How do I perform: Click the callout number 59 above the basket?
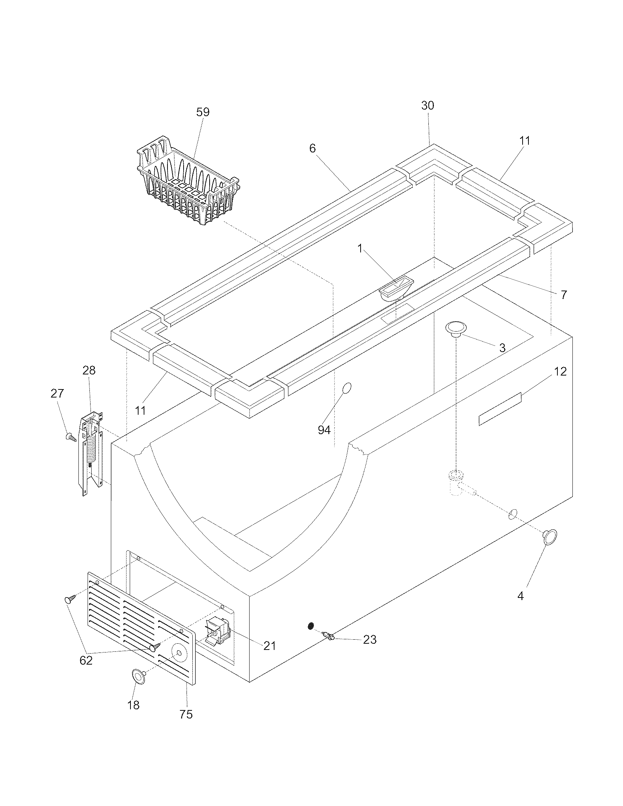tap(203, 112)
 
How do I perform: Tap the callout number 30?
tap(428, 106)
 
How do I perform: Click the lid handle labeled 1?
tap(396, 289)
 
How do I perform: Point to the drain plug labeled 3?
tap(456, 329)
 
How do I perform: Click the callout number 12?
tap(560, 371)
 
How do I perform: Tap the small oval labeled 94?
tap(347, 388)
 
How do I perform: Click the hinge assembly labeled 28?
tap(90, 452)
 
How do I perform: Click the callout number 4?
tap(520, 596)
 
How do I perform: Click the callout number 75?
tap(186, 714)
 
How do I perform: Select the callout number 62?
tap(86, 661)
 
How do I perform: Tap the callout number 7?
tap(564, 295)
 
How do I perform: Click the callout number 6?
tap(313, 148)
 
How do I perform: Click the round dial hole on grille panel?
tap(179, 653)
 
